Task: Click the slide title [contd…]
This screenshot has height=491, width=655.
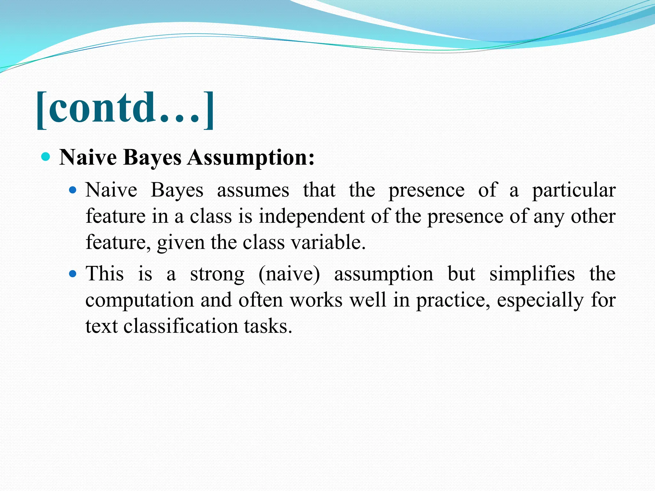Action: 125,109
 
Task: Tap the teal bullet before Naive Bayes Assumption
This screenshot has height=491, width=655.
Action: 46,157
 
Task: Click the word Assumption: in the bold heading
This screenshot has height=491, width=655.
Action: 251,158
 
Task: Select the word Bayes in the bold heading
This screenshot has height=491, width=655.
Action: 152,158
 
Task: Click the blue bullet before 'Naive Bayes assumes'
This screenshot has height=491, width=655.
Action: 73,190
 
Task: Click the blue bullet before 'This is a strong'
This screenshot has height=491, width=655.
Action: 73,274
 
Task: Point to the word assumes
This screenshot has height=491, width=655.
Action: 253,190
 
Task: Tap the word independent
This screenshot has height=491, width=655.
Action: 312,216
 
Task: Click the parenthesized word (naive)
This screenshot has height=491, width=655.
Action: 289,274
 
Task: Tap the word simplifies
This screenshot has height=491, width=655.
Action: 532,274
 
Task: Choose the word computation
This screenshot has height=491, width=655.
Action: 140,301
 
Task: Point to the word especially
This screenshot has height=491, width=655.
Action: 540,301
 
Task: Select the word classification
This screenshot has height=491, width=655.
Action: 181,326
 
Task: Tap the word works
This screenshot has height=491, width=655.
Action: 316,300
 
